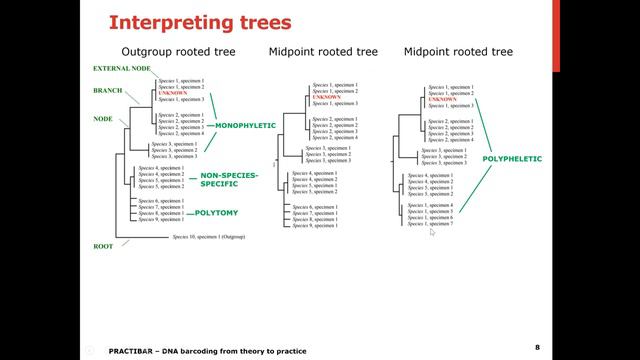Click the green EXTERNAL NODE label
(x=122, y=69)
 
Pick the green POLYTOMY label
(x=217, y=212)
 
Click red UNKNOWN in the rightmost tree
(x=443, y=99)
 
